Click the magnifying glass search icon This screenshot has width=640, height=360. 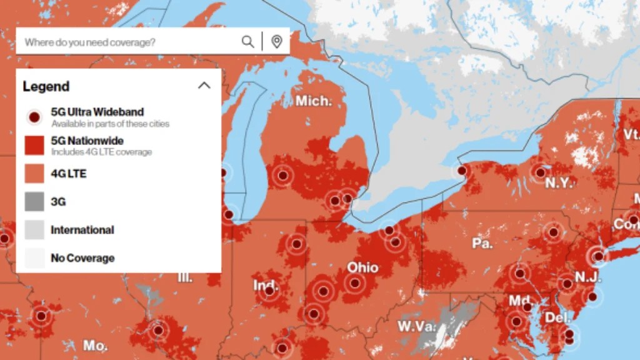(248, 42)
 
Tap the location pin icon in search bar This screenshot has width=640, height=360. (276, 42)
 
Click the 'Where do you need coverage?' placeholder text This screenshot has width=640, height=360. (90, 42)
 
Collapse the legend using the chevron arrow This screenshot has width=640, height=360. (204, 86)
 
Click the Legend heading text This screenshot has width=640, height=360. (46, 86)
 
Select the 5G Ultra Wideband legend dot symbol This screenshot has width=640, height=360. (35, 117)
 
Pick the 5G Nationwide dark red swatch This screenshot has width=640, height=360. (35, 146)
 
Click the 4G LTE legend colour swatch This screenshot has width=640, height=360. (35, 174)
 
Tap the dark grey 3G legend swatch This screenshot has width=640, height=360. (35, 202)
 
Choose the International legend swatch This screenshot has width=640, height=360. (35, 230)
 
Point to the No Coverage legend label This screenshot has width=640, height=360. (82, 257)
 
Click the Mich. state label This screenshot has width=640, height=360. (314, 101)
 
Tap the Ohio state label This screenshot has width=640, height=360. (362, 267)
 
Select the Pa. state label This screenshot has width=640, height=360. (482, 242)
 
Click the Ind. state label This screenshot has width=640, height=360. (266, 286)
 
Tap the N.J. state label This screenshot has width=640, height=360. (587, 276)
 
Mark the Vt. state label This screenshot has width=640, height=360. (631, 134)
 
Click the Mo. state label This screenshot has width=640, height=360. (94, 345)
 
